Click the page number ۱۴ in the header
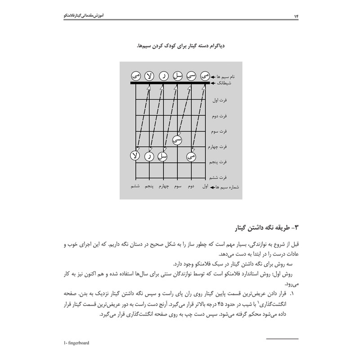coord(297,17)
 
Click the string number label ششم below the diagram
coord(135,186)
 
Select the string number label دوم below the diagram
coord(191,186)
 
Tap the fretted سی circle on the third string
coord(177,140)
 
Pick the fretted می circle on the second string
coord(191,157)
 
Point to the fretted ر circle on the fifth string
coord(149,157)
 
